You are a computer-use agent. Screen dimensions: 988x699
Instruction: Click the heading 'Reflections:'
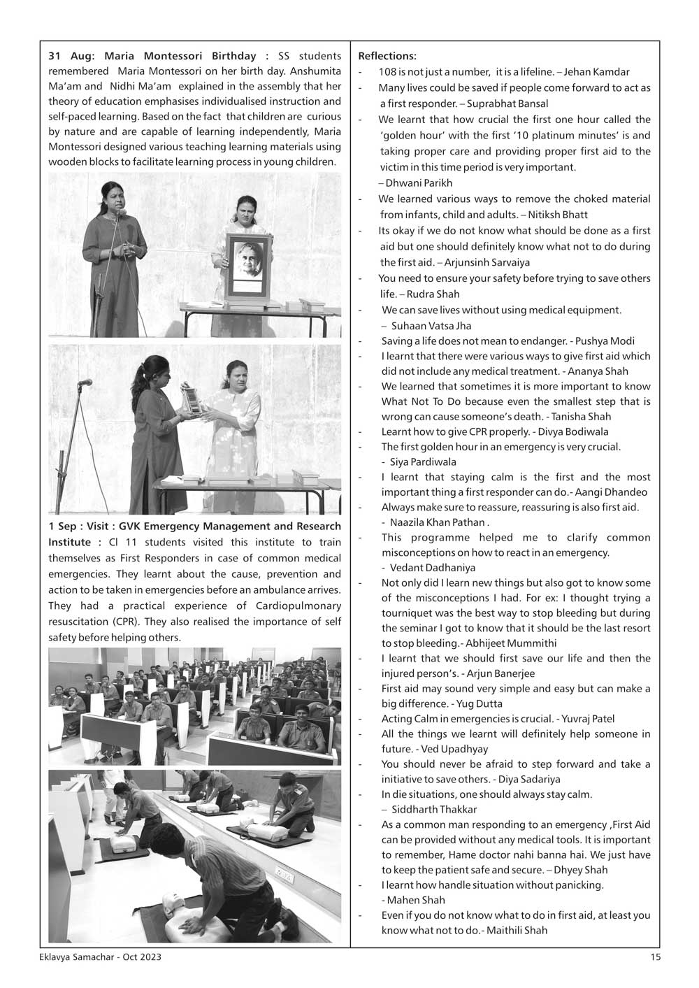coord(387,56)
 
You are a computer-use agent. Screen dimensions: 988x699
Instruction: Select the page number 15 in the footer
coord(655,958)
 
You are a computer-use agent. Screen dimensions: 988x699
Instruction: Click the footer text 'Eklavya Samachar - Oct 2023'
coord(100,958)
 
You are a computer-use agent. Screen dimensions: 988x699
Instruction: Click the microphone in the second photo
coord(85,382)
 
